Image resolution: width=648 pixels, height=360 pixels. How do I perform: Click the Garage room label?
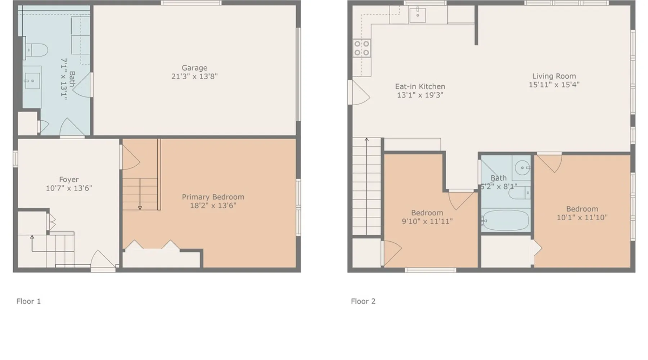[x=194, y=68]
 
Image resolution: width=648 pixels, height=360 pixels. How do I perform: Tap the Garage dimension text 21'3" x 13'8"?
[x=194, y=76]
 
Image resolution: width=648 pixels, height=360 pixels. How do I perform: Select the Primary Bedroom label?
[x=213, y=197]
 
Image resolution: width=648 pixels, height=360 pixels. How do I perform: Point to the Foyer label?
[x=69, y=179]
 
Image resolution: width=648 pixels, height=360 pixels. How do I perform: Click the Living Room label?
[x=554, y=76]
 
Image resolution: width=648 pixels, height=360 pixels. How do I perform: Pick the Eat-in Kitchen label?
[x=420, y=86]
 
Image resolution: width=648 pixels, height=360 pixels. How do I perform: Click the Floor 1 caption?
[x=28, y=301]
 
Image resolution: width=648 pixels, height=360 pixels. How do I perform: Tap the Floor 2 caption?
[x=363, y=301]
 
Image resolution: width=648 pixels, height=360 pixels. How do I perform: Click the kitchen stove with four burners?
[x=362, y=48]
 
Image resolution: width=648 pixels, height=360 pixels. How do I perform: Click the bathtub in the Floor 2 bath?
[x=505, y=220]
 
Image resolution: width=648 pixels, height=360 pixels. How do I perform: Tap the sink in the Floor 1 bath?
[x=32, y=81]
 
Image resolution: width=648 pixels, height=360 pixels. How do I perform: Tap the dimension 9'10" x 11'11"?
[x=427, y=221]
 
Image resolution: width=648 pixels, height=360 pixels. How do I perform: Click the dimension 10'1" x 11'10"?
[x=582, y=217]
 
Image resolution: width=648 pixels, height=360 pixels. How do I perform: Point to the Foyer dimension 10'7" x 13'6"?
[x=69, y=188]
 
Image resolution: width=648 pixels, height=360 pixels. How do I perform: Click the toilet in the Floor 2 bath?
[x=518, y=193]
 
